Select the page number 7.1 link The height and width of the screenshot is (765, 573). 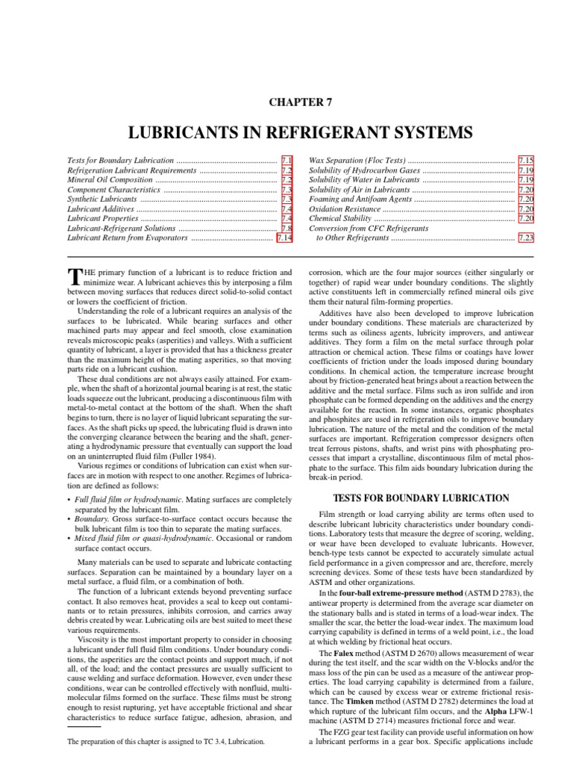click(x=286, y=161)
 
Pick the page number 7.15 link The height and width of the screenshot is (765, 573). click(x=526, y=161)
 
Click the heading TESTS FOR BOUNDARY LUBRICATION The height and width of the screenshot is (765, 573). click(x=421, y=498)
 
